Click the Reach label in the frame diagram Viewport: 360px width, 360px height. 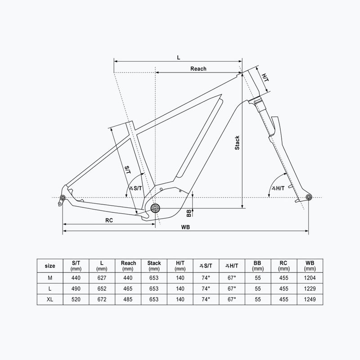pyautogui.click(x=198, y=69)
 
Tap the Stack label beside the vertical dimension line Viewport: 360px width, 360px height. pyautogui.click(x=237, y=143)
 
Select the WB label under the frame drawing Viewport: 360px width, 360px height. pyautogui.click(x=185, y=227)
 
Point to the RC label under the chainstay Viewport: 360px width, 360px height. pyautogui.click(x=109, y=220)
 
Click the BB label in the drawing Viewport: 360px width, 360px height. pyautogui.click(x=189, y=213)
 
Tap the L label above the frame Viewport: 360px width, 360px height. pyautogui.click(x=179, y=58)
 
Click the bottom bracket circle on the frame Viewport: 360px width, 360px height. pyautogui.click(x=155, y=208)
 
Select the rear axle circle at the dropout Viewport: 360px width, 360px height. pyautogui.click(x=63, y=198)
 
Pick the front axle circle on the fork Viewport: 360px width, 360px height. pyautogui.click(x=309, y=198)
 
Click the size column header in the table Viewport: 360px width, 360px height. pyautogui.click(x=50, y=266)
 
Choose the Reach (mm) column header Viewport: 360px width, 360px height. pyautogui.click(x=128, y=265)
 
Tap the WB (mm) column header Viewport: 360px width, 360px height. pyautogui.click(x=310, y=265)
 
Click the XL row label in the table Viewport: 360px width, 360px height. pyautogui.click(x=50, y=299)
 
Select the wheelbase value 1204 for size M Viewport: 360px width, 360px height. pyautogui.click(x=310, y=278)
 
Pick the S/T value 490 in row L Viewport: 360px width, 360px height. pyautogui.click(x=76, y=288)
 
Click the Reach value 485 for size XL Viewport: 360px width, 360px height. pyautogui.click(x=128, y=299)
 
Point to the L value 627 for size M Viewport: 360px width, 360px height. pyautogui.click(x=102, y=278)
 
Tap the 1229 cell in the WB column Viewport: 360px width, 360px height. pyautogui.click(x=310, y=288)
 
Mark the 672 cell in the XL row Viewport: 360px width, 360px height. pyautogui.click(x=102, y=299)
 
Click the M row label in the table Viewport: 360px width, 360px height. pyautogui.click(x=50, y=278)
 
